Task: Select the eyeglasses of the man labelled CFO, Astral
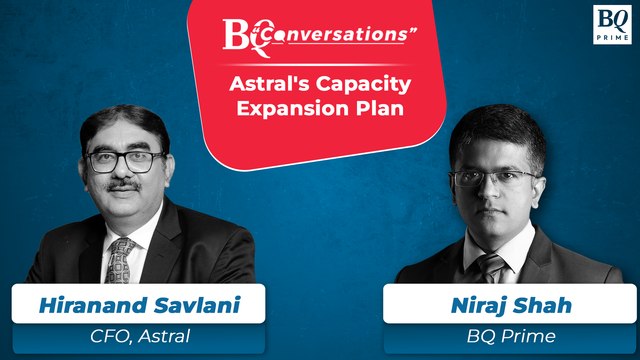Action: coord(123,161)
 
